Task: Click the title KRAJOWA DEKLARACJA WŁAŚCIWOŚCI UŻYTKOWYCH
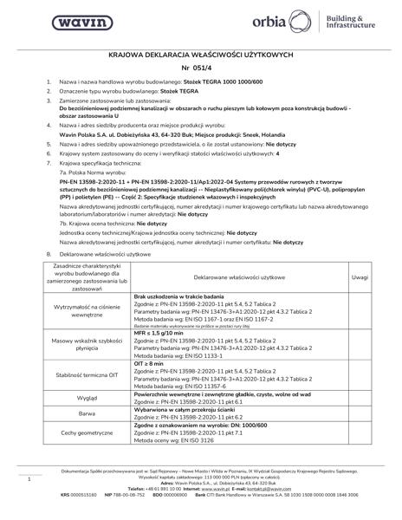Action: coord(200,54)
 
